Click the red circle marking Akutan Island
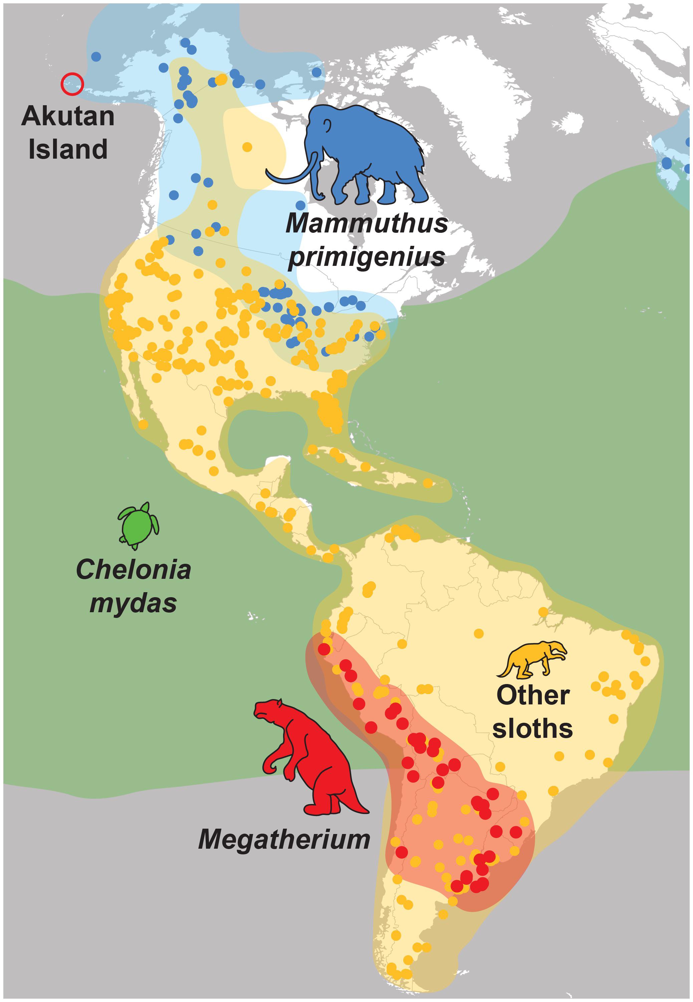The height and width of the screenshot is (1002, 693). pos(72,83)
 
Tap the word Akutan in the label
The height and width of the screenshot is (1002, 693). pos(68,117)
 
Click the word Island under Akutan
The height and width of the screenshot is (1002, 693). pos(68,149)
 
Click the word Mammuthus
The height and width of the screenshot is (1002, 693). pos(367,223)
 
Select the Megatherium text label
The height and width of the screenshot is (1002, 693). pos(284,839)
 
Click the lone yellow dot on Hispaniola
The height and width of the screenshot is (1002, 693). pos(428,483)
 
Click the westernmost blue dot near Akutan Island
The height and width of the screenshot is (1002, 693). pos(96,56)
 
